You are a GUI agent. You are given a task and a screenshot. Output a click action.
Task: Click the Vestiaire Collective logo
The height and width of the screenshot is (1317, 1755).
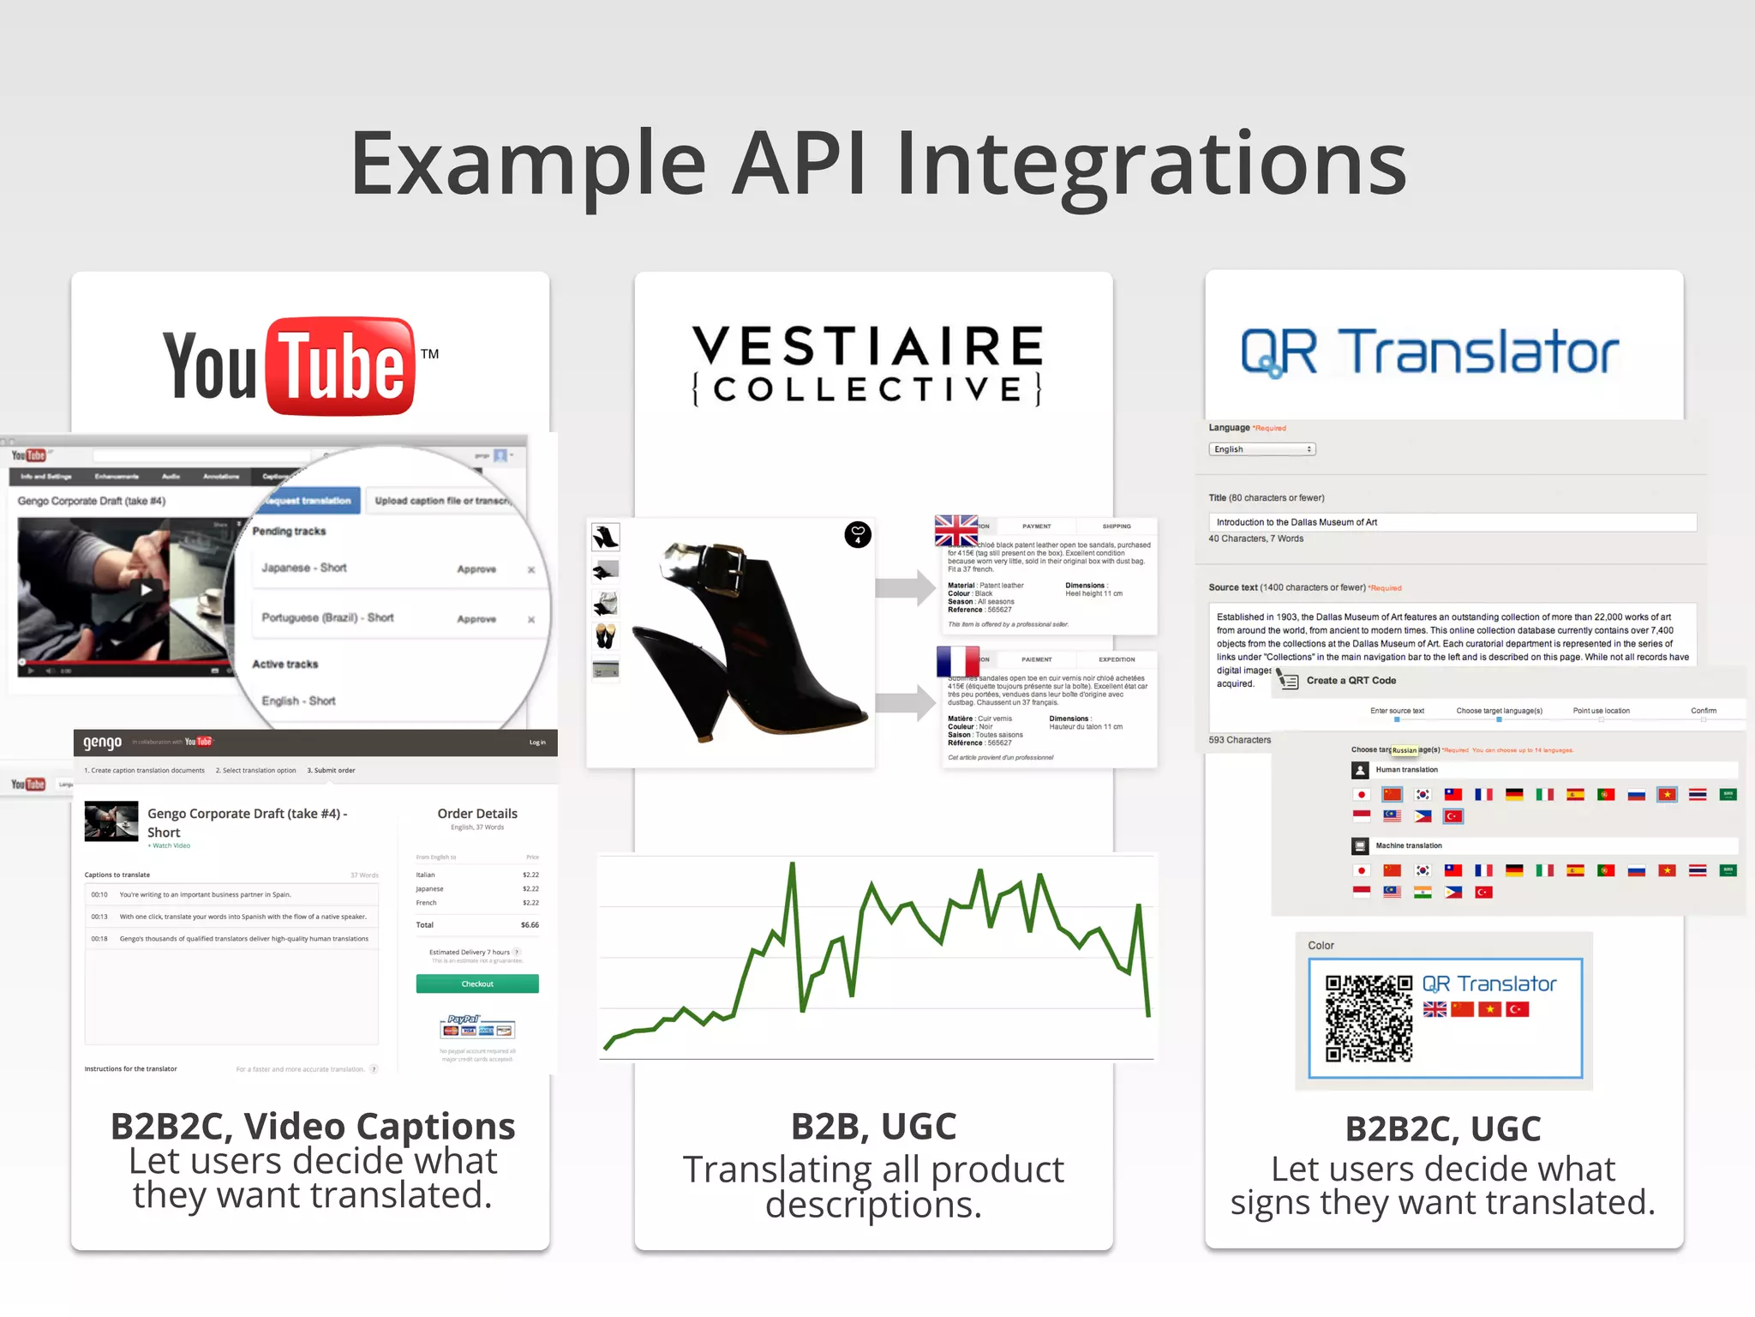pos(867,364)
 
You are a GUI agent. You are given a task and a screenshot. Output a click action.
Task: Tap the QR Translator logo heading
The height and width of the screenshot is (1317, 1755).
pos(1429,352)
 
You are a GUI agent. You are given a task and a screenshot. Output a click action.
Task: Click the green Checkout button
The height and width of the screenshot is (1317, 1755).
pos(477,983)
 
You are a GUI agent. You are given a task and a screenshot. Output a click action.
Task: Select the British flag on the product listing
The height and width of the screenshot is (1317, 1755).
pos(956,531)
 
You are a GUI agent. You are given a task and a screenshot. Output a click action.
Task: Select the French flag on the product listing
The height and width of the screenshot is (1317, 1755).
pos(957,661)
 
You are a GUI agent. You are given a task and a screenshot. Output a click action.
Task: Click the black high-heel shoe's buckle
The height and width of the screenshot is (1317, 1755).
pos(731,563)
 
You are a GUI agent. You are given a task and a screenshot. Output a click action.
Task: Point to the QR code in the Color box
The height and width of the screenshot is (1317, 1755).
pos(1369,1019)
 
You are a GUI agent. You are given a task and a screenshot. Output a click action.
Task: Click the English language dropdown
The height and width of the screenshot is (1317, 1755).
pos(1261,449)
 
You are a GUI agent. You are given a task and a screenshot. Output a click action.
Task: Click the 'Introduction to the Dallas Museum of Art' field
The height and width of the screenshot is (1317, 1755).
pos(1451,522)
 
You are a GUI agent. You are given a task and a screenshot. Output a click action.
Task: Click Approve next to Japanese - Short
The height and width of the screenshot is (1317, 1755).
pos(476,569)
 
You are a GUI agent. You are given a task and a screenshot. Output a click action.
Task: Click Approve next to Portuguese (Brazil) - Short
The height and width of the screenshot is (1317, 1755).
pos(476,619)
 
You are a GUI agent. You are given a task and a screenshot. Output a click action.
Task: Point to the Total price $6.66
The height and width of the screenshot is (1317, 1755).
pos(530,925)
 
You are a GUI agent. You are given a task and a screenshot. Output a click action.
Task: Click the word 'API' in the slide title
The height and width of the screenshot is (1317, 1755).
pos(799,163)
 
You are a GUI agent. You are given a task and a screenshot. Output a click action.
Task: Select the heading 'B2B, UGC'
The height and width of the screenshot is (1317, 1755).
pos(873,1127)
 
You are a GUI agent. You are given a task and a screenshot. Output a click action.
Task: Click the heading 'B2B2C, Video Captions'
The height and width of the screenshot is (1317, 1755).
pos(313,1127)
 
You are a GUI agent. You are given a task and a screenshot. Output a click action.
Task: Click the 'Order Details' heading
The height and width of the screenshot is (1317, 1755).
pos(477,814)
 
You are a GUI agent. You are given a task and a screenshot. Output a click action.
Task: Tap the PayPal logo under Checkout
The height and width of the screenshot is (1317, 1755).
pos(464,1019)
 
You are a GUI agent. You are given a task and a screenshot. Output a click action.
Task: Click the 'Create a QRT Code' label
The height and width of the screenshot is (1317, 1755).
pos(1351,681)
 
